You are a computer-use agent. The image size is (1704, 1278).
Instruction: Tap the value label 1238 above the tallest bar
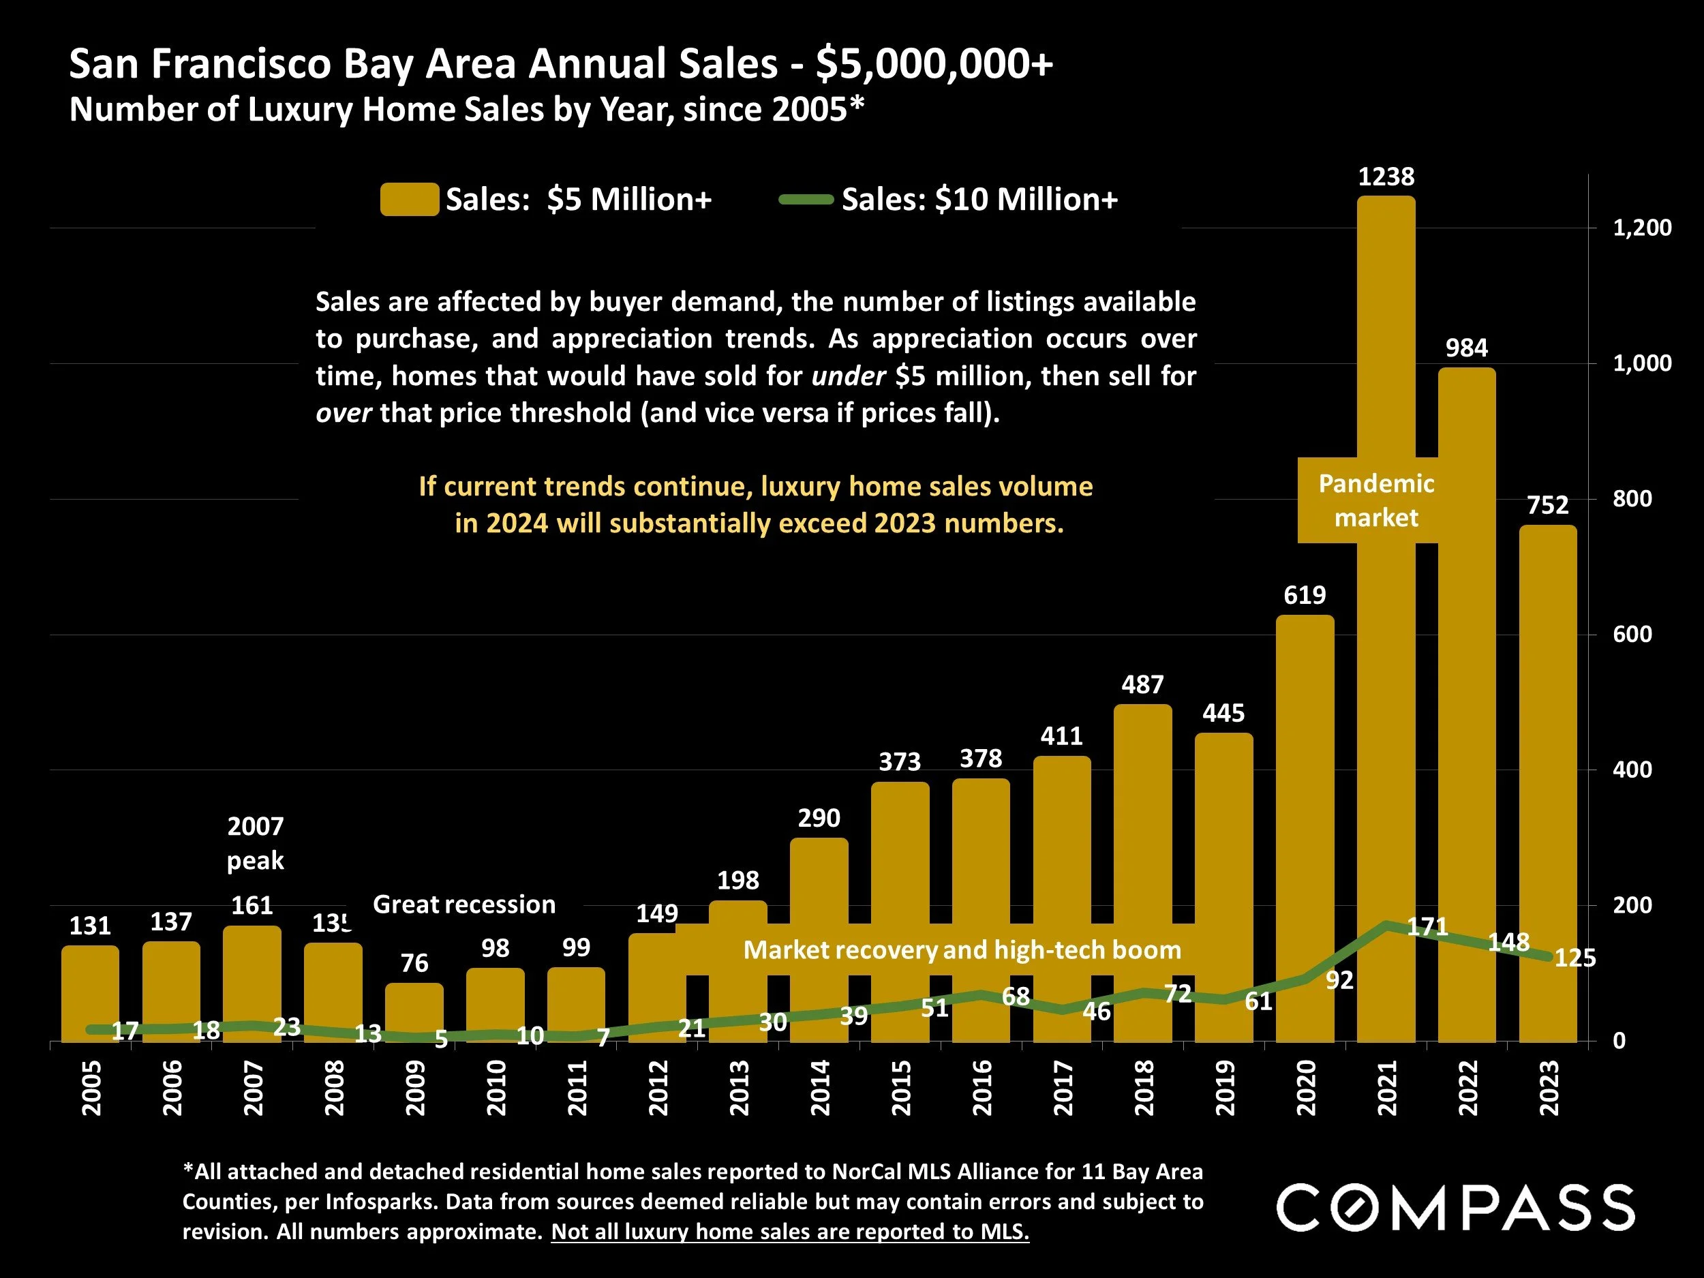tap(1386, 177)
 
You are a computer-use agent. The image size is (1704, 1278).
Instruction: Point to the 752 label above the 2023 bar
tap(1548, 505)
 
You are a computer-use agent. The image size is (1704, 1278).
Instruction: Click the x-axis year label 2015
tap(900, 1088)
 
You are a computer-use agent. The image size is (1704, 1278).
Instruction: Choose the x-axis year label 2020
tap(1306, 1088)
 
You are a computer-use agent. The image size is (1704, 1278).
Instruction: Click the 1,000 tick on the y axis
tap(1641, 363)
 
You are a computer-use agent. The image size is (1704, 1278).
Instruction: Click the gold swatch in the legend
tap(409, 200)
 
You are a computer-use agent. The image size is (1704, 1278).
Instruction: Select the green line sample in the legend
tap(806, 200)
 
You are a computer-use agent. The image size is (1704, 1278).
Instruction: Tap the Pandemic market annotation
tap(1376, 500)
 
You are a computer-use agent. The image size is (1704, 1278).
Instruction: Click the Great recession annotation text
tap(463, 904)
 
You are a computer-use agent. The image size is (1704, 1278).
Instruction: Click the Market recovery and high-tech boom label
tap(961, 950)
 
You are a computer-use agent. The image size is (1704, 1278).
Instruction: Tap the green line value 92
tap(1339, 980)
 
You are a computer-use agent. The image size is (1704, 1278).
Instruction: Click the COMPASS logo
tap(1455, 1208)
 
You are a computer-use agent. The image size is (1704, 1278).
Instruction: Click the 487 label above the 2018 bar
tap(1142, 684)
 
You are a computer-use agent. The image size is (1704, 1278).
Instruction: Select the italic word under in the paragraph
tap(848, 376)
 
